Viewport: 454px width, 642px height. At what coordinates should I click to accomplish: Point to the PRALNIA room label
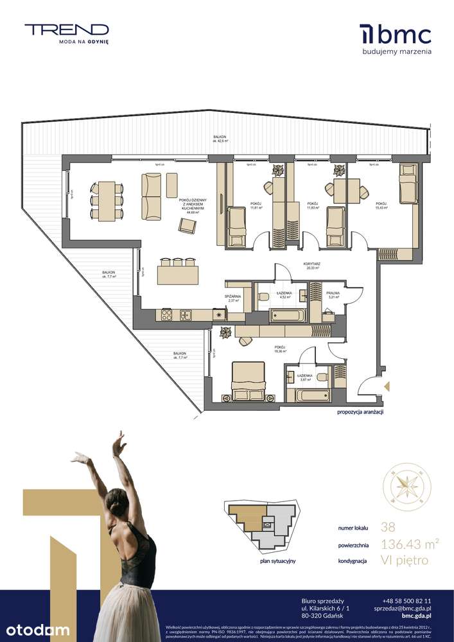click(x=333, y=294)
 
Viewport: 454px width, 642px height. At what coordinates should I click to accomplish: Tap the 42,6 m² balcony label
click(x=222, y=140)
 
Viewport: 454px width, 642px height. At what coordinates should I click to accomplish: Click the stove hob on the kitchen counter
click(x=166, y=315)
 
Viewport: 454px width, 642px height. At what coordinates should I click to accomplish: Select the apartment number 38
click(x=389, y=528)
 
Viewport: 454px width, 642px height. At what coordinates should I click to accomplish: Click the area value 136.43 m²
click(x=410, y=544)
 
